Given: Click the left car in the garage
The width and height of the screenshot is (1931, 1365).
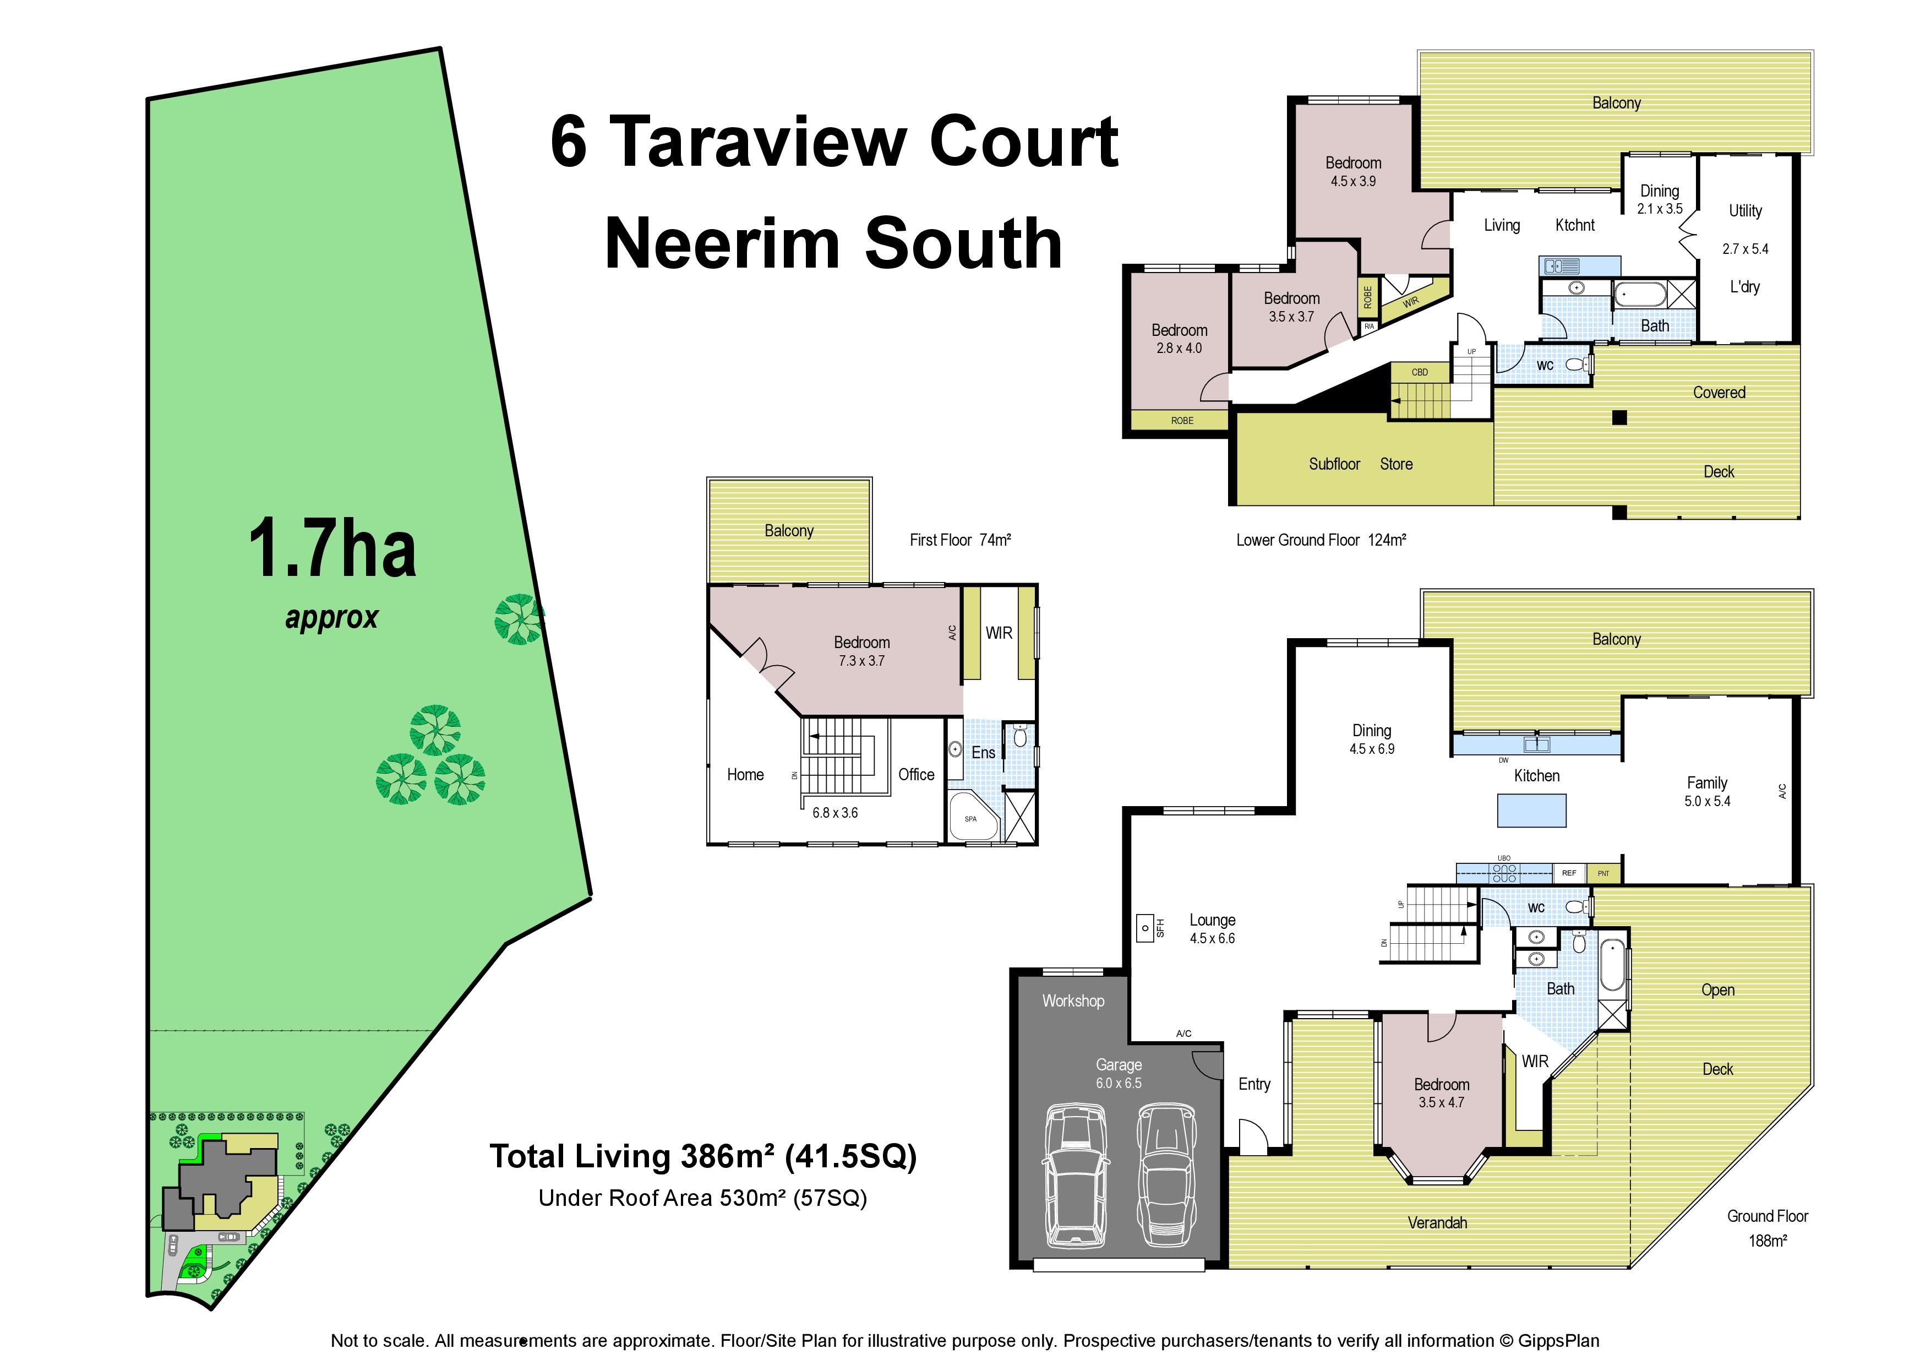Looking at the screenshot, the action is tap(1076, 1177).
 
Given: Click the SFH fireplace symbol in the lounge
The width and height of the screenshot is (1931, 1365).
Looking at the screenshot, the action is tap(1145, 928).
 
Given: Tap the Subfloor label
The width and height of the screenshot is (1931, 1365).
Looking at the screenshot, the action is tap(1334, 464).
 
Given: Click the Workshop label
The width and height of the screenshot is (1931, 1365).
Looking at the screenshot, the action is tap(1073, 1001).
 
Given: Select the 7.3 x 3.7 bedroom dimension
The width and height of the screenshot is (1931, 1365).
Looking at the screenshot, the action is tap(861, 661).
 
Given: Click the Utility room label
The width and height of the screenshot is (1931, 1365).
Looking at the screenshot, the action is tap(1745, 211).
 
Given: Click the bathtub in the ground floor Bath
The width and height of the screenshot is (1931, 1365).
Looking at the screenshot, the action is tap(1612, 965).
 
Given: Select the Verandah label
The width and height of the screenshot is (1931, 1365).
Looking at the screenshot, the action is tap(1437, 1223).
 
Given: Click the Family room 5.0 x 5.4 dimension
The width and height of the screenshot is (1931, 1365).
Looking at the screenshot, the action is tap(1708, 802).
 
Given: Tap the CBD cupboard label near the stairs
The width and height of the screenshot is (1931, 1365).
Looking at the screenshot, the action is tap(1420, 372).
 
